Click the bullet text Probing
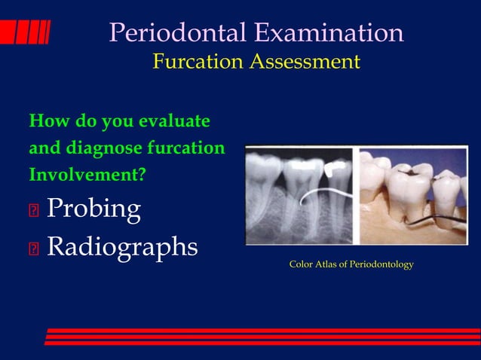point(93,209)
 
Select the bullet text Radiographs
point(122,246)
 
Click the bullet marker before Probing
point(33,211)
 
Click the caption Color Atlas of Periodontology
point(351,265)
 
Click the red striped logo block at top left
point(25,32)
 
